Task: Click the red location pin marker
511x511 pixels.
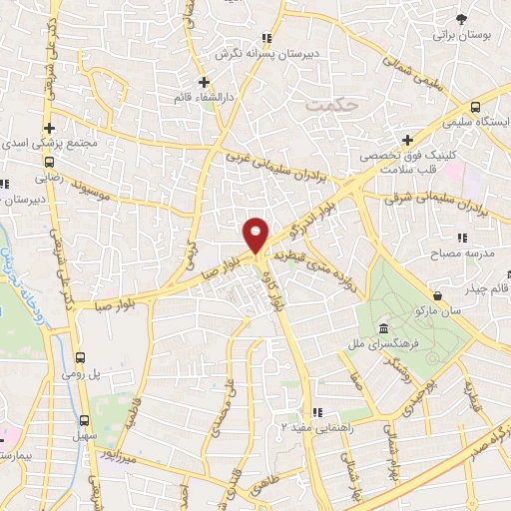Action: click(255, 235)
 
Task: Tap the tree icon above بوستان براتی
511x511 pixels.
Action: click(460, 18)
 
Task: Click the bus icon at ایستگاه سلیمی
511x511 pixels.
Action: click(476, 105)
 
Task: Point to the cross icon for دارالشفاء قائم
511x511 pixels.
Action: click(204, 82)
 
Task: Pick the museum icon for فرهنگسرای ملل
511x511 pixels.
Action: click(384, 329)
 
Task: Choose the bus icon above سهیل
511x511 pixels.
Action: click(84, 420)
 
